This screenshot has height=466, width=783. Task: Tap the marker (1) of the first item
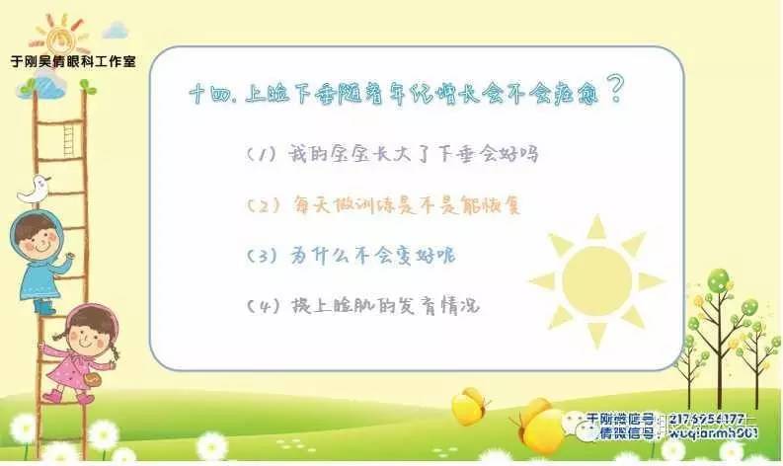pos(263,156)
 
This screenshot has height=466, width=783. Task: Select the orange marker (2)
pos(264,206)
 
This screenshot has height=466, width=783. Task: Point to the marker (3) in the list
pos(263,257)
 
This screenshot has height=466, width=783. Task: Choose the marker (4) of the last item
pos(263,306)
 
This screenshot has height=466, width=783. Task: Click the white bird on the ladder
pos(38,188)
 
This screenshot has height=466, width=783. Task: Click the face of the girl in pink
pos(90,330)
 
